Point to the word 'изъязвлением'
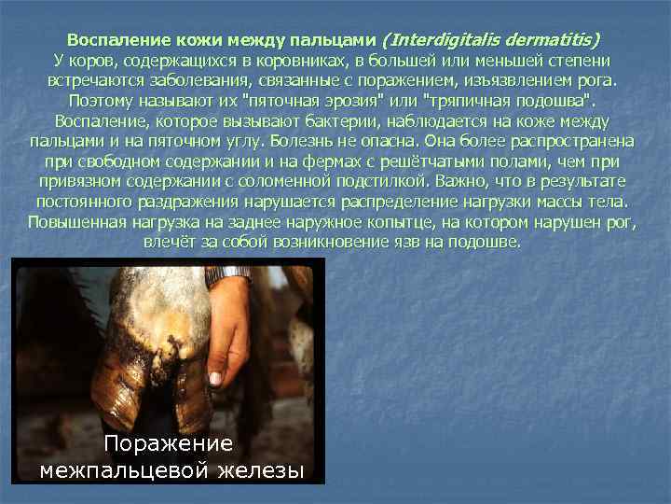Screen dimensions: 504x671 pos(535,81)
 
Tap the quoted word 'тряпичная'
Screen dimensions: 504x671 pos(476,102)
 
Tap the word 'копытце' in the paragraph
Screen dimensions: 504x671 pos(382,222)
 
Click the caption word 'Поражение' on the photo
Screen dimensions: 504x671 pos(169,443)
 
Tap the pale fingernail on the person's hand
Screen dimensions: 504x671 pos(214,379)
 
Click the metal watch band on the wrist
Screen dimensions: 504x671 pos(228,274)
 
